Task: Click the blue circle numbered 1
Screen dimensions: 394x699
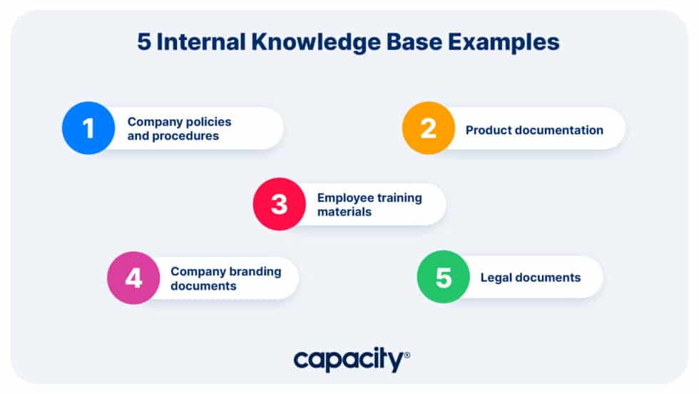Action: (x=88, y=128)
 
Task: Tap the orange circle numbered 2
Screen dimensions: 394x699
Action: (x=428, y=128)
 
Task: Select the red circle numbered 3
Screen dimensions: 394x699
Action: (x=279, y=204)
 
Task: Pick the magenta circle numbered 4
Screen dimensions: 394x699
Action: (x=133, y=278)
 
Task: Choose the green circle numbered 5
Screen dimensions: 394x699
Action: (x=443, y=277)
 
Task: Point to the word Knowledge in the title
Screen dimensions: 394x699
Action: (x=310, y=42)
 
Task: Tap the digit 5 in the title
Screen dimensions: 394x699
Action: (x=145, y=42)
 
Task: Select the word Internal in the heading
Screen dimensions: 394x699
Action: (x=200, y=42)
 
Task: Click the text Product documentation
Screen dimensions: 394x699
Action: (x=534, y=130)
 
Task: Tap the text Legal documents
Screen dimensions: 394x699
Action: (x=530, y=278)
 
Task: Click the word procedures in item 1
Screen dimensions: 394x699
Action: (x=188, y=136)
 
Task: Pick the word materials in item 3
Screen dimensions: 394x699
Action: (x=344, y=211)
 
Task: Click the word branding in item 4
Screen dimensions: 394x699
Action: (x=255, y=271)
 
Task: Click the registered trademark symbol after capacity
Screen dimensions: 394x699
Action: (x=407, y=355)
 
